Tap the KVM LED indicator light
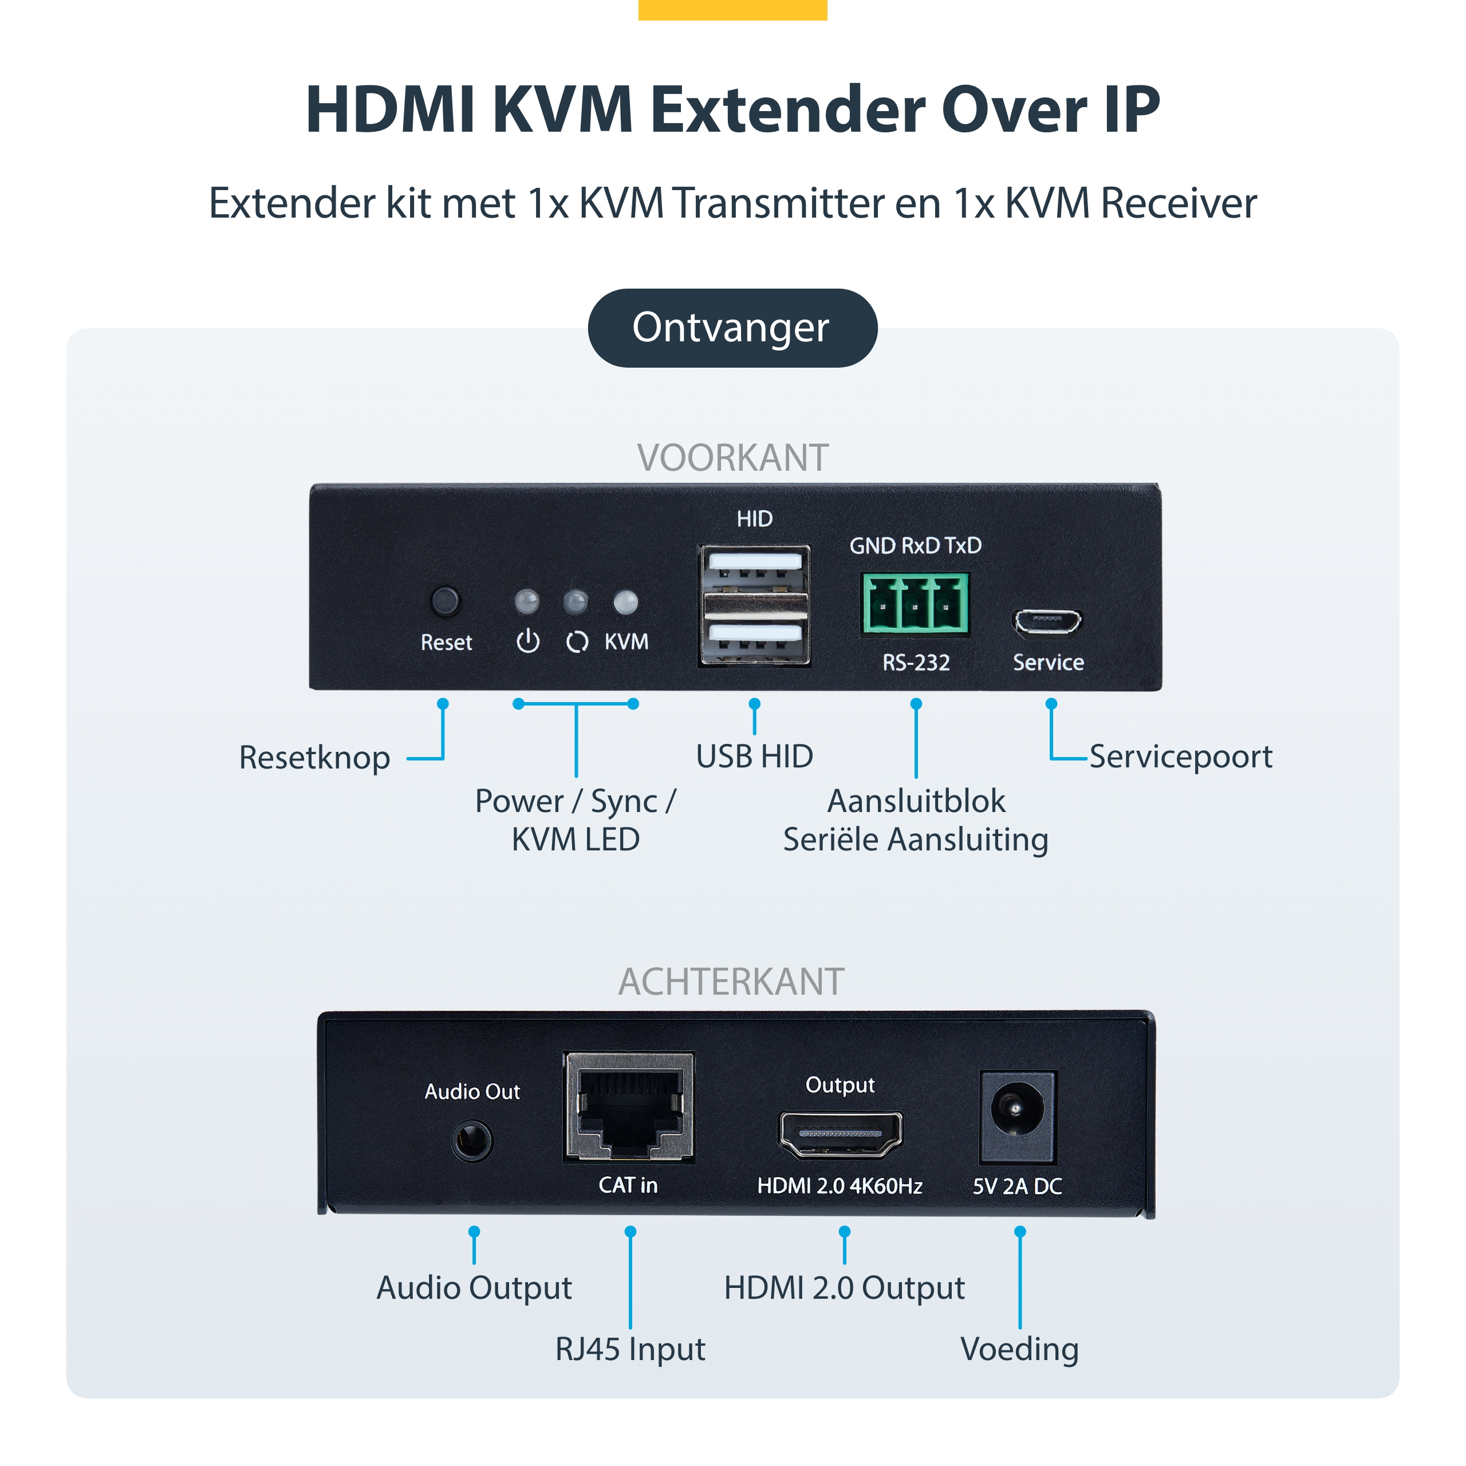[x=625, y=602]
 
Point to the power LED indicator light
[x=527, y=602]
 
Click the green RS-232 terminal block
[x=915, y=603]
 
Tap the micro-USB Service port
[x=1047, y=622]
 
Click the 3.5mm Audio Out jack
[x=472, y=1141]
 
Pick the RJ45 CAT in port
[x=628, y=1108]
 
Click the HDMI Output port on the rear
[x=840, y=1134]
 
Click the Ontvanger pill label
[x=732, y=328]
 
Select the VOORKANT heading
[x=732, y=458]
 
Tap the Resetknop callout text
[x=314, y=757]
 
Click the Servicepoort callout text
[x=1181, y=756]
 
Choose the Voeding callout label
[x=1019, y=1349]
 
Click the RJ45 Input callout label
[x=630, y=1349]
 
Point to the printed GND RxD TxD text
[x=915, y=546]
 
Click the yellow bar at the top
[x=732, y=9]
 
